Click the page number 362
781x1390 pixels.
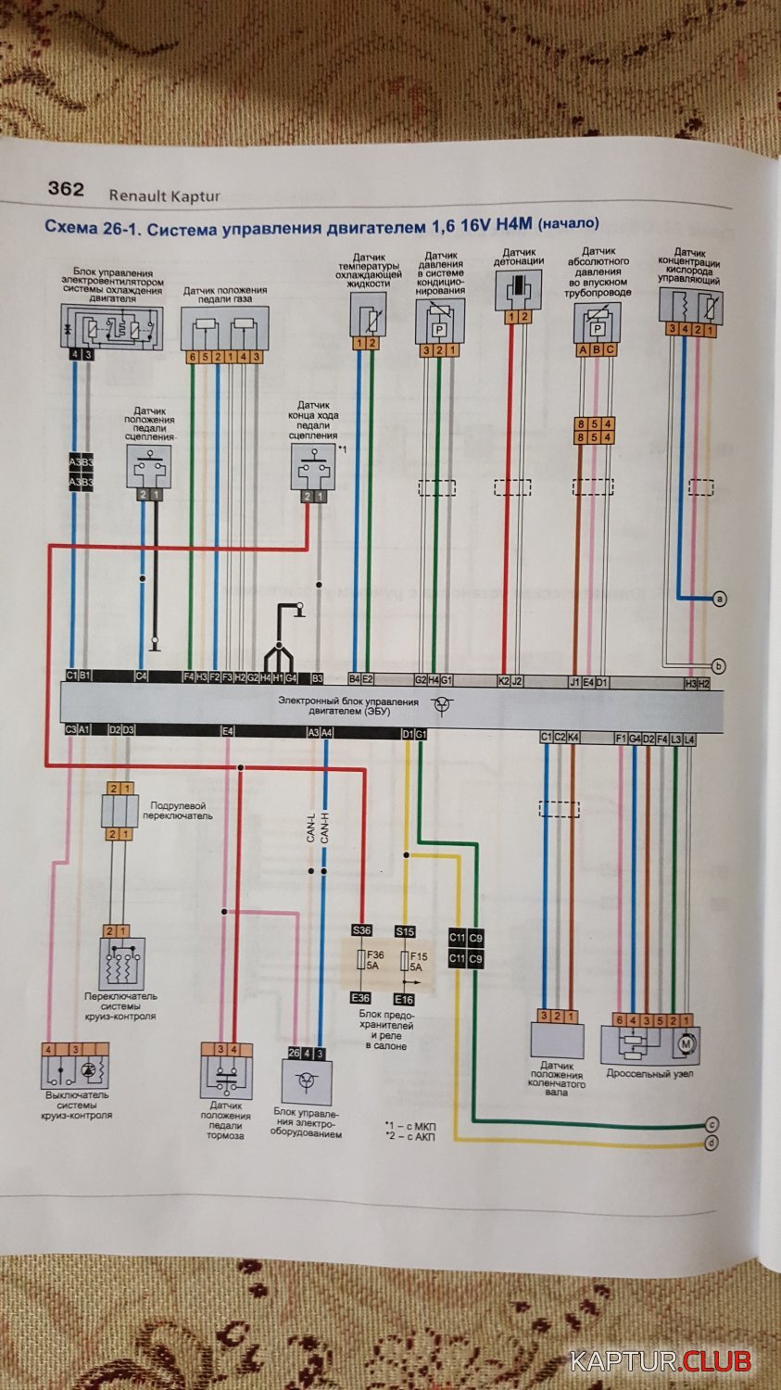coord(66,189)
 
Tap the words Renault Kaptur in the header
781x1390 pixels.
coord(164,196)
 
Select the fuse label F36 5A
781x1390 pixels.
coord(375,960)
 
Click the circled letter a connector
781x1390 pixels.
coord(720,600)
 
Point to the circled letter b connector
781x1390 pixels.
coord(720,665)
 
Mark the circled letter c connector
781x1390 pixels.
coord(712,1125)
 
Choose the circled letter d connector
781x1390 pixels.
coord(712,1144)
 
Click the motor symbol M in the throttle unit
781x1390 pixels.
coord(687,1045)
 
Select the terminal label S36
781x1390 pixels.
coord(360,930)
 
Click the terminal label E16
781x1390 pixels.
coord(405,999)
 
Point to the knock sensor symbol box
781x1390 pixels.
coord(518,291)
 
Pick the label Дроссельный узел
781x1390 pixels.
coord(649,1074)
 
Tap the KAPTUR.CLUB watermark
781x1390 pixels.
coord(661,1361)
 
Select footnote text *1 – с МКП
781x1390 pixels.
coord(410,1125)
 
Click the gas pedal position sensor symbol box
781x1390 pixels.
coord(224,326)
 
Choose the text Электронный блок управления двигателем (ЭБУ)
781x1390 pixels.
coord(348,708)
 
